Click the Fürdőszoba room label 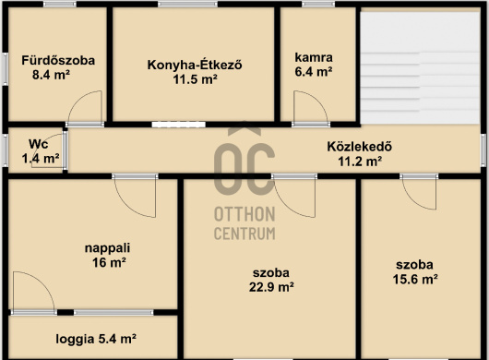click(58, 60)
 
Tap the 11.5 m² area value click(196, 79)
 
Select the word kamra click(314, 57)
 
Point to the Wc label click(39, 144)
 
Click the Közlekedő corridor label click(360, 147)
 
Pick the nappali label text click(108, 248)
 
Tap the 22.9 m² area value click(271, 287)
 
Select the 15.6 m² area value click(415, 279)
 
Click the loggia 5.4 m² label click(96, 339)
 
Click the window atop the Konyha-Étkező click(187, 5)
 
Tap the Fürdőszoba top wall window click(60, 5)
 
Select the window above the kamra click(318, 5)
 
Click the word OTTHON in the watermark click(244, 214)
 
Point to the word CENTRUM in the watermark click(244, 234)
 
